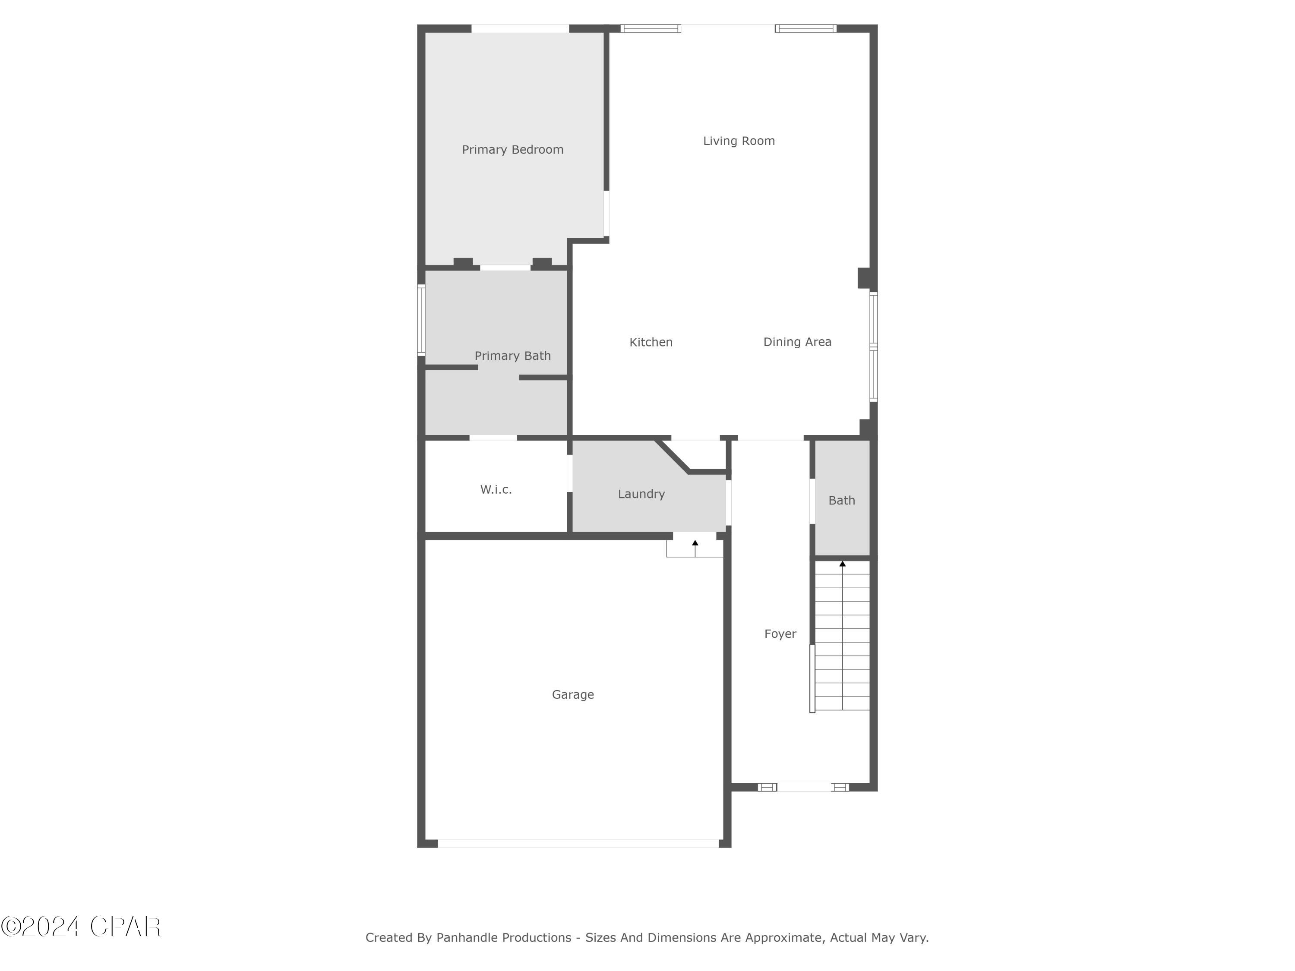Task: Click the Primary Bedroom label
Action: (512, 150)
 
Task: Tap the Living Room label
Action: (739, 141)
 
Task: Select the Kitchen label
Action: (651, 342)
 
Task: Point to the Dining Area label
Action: (797, 342)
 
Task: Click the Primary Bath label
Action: (512, 356)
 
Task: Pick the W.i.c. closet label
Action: (496, 490)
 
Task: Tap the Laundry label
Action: (641, 494)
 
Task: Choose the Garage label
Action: (572, 695)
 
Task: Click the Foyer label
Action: (780, 634)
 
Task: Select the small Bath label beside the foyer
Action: (841, 501)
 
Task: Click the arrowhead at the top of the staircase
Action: (843, 564)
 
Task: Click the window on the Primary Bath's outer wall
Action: (421, 320)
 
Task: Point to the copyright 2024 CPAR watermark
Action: (81, 927)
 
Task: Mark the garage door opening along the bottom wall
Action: (578, 843)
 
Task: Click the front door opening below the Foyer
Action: (804, 787)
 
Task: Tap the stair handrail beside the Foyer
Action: (812, 678)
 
